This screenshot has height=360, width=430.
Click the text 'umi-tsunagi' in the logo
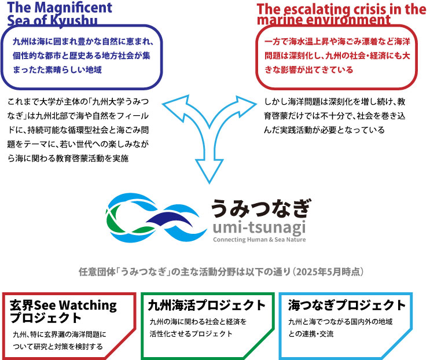[258, 227]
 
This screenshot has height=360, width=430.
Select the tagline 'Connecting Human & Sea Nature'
[259, 240]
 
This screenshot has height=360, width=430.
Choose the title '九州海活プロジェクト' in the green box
[207, 306]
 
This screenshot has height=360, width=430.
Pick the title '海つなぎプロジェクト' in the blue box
[346, 306]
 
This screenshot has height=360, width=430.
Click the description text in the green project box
[197, 328]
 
